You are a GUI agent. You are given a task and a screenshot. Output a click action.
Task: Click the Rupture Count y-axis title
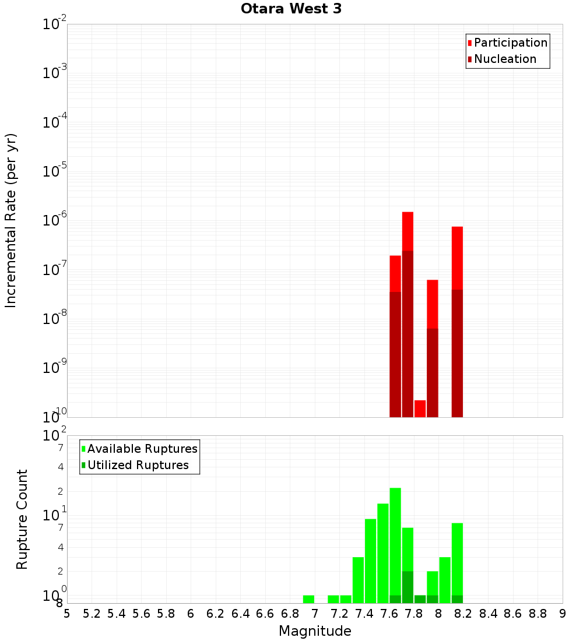(22, 519)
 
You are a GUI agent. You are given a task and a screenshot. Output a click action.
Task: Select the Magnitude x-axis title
(315, 631)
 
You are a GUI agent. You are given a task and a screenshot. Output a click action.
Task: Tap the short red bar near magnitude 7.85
(420, 408)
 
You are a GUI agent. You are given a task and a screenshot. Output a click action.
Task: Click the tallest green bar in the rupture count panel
(395, 542)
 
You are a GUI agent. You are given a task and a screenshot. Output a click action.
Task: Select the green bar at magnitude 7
(308, 599)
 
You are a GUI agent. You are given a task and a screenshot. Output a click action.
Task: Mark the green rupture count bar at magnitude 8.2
(457, 559)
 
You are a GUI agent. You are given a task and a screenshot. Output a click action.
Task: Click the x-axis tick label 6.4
(240, 614)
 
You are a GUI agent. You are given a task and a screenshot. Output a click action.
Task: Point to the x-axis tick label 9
(563, 614)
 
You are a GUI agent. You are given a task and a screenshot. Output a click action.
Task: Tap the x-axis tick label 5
(67, 614)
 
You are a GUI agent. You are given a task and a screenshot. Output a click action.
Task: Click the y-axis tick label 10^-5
(55, 171)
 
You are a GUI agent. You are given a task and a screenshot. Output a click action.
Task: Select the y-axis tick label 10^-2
(55, 24)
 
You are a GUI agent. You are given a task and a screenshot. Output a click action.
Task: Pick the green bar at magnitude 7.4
(370, 559)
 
